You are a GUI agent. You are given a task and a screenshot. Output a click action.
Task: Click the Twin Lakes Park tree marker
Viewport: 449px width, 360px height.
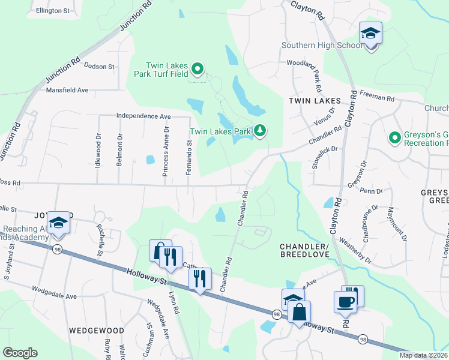pos(260,130)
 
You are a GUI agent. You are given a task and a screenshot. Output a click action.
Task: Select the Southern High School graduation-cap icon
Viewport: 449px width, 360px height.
pos(370,34)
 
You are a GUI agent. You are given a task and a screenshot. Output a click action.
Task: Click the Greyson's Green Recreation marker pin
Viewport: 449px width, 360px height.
pos(394,139)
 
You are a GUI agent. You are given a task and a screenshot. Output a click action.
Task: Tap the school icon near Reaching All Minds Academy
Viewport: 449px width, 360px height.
pos(59,223)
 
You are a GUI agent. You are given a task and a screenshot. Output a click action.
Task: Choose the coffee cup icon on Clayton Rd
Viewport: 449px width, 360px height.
pos(345,302)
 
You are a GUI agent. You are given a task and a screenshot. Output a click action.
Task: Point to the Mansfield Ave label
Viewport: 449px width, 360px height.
pos(67,91)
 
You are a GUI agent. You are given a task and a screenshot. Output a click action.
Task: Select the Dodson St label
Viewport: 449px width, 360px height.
pos(99,66)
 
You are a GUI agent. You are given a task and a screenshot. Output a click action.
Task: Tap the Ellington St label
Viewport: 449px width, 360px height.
pos(53,11)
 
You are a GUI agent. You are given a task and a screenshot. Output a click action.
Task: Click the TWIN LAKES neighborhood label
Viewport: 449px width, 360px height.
pos(313,101)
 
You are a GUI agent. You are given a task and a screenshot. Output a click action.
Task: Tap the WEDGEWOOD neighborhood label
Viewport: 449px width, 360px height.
pos(96,331)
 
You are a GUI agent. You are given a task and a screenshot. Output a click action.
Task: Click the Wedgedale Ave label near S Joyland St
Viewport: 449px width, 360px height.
pos(55,296)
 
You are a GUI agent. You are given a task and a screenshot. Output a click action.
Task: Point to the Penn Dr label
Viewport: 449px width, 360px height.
pos(372,191)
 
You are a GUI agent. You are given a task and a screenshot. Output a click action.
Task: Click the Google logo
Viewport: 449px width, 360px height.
pos(20,353)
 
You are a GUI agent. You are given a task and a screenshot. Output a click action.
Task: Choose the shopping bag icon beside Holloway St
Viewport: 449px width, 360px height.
pos(298,313)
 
